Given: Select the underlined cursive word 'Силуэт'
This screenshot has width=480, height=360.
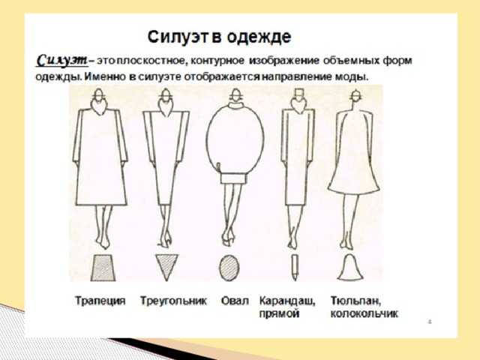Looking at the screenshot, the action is (x=62, y=60).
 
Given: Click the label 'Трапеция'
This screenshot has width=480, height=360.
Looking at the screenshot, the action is (x=100, y=301).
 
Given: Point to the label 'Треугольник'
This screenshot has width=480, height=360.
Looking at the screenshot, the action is (x=173, y=301).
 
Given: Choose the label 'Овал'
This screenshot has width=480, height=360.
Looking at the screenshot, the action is (x=235, y=301).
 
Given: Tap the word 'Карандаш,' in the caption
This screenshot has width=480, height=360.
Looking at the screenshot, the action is (x=287, y=301).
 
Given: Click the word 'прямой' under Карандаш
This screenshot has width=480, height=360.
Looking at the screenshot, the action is (x=279, y=313).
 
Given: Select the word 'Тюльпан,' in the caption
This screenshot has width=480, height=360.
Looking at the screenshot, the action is (x=356, y=301).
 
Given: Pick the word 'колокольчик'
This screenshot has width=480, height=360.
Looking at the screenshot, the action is (x=364, y=313).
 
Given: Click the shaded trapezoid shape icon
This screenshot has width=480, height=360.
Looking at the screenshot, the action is (x=103, y=268).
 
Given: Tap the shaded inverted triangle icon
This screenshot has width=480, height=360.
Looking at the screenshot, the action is (x=166, y=267).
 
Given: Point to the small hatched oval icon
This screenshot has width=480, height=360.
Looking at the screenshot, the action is (x=229, y=268).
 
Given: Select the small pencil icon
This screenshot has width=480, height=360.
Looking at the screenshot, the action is (x=295, y=267).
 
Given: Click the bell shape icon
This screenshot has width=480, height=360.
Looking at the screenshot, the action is (x=351, y=267).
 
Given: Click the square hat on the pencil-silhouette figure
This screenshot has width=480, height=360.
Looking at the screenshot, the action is (x=298, y=93).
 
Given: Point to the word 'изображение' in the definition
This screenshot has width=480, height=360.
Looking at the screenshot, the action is (x=284, y=61).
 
